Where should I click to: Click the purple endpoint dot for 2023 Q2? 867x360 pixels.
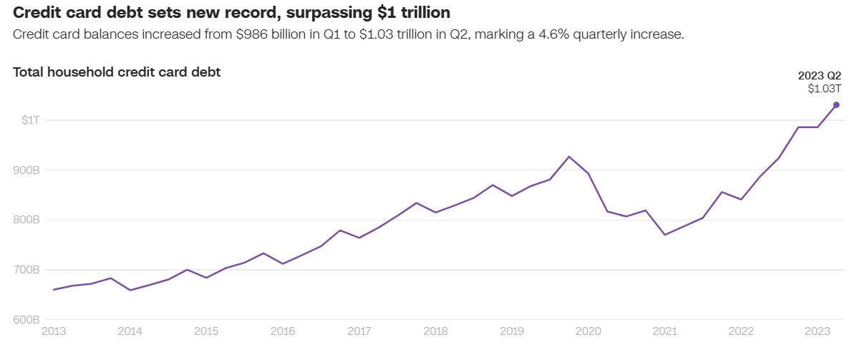click(x=836, y=105)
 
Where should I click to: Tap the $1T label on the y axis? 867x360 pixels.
click(x=30, y=120)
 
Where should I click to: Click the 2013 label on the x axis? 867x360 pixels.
click(x=54, y=331)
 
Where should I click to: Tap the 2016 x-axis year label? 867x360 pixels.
click(x=283, y=331)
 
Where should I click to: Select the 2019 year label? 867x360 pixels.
click(x=512, y=331)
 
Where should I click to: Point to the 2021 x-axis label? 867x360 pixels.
click(x=665, y=331)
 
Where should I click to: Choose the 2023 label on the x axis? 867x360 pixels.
click(x=818, y=331)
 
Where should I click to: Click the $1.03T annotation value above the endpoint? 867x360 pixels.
click(x=824, y=89)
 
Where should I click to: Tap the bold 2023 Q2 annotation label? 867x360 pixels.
click(x=820, y=76)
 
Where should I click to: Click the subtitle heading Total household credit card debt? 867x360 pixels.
click(x=117, y=72)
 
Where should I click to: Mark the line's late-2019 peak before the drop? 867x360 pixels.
click(x=569, y=157)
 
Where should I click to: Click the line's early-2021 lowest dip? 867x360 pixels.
click(x=665, y=235)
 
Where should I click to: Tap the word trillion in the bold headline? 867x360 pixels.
click(x=425, y=13)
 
